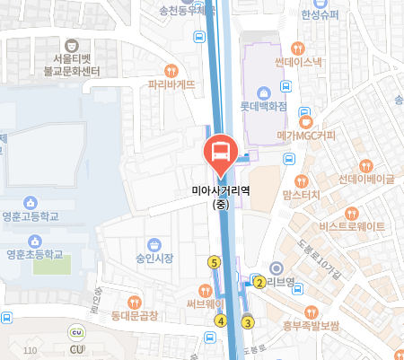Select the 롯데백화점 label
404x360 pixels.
pos(263,105)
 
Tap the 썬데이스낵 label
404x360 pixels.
pos(299,62)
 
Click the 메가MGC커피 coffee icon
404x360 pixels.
pos(306,121)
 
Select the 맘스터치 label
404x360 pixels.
pos(301,194)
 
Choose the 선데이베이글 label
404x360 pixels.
pos(366,179)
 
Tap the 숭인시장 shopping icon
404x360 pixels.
pos(154,244)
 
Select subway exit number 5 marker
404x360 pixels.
pos(214,262)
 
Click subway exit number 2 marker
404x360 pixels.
pos(259,283)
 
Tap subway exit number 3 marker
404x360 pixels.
pos(249,323)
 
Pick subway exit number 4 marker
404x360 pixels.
pos(220,320)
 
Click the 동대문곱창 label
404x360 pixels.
pos(134,315)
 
